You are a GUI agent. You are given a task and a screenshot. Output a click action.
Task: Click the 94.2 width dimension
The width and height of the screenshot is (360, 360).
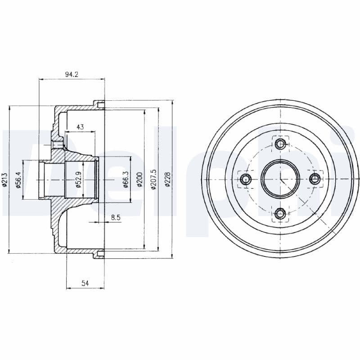(x=72, y=75)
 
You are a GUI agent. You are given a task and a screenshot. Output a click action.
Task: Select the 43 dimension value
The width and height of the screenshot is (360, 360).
(x=80, y=127)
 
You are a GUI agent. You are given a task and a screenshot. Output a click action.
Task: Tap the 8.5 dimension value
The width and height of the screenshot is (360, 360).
(x=116, y=218)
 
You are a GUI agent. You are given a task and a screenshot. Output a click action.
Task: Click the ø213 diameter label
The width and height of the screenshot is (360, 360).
(x=5, y=180)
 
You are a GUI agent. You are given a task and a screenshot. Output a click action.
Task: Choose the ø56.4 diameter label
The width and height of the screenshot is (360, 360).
(x=19, y=180)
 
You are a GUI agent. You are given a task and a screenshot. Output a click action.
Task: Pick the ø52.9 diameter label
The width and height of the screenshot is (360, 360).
(x=78, y=180)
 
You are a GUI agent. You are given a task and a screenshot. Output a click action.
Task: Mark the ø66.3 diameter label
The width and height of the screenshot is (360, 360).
(x=126, y=180)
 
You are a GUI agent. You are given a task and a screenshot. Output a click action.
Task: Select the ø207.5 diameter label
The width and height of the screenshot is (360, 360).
(x=153, y=180)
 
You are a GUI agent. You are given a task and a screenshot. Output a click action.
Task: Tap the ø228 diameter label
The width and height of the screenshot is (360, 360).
(x=168, y=180)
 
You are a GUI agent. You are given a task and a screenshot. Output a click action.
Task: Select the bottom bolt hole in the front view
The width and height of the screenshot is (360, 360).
(x=280, y=214)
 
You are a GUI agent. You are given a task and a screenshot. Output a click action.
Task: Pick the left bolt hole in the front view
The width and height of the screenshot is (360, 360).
(x=246, y=179)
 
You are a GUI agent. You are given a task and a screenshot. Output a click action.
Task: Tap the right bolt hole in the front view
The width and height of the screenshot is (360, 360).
(x=315, y=179)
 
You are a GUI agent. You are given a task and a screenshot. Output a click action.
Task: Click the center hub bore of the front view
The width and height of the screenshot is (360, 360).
(x=280, y=179)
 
